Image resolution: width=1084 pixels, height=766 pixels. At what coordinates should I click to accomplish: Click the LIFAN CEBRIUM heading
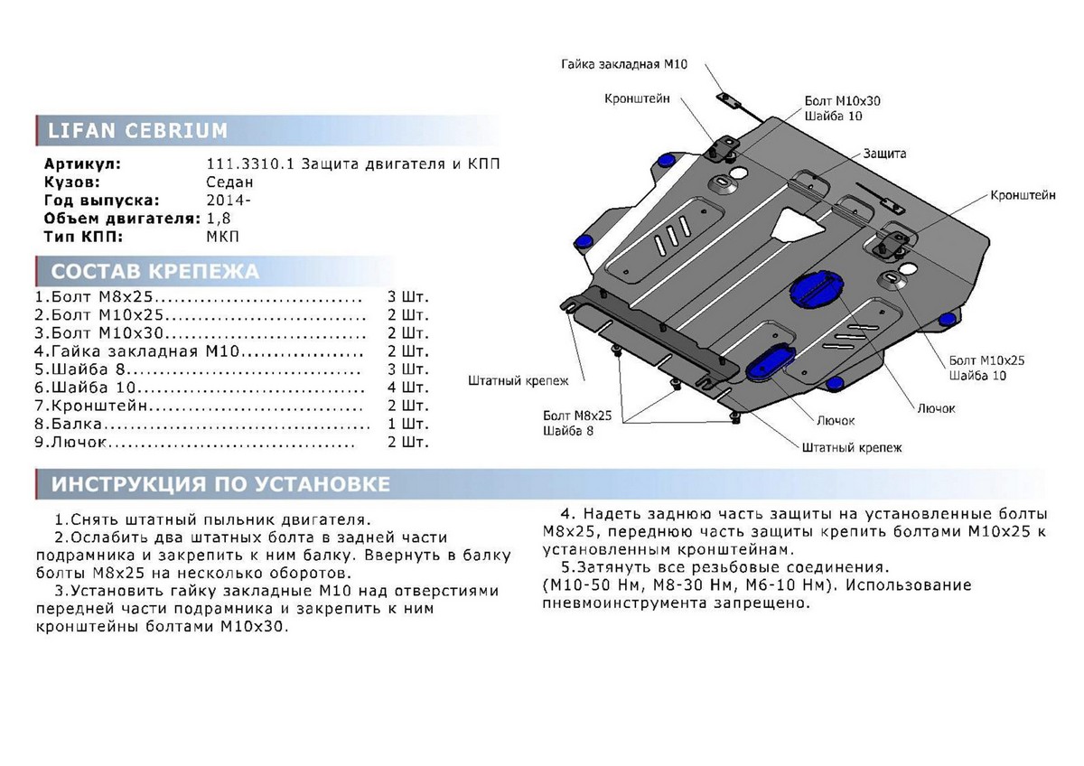tap(137, 131)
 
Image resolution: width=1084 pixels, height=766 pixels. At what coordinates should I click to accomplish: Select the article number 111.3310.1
tap(250, 164)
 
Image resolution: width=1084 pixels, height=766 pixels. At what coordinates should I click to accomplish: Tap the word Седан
tap(229, 182)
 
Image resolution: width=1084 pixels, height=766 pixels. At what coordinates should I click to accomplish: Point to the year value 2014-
tap(229, 200)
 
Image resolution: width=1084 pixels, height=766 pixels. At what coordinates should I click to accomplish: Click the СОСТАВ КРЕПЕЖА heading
tap(154, 272)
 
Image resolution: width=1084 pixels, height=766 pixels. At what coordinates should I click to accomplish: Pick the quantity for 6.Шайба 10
tap(407, 388)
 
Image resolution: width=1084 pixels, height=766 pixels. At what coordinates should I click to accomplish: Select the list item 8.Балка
tap(69, 424)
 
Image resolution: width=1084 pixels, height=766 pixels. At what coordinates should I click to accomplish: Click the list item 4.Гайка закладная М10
tap(137, 351)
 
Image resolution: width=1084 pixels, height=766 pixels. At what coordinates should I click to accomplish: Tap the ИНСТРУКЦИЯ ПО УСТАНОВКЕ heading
tap(220, 484)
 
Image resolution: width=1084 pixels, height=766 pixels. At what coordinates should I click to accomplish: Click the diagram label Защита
tap(884, 154)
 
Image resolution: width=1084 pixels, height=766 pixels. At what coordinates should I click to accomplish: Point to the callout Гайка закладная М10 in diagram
tap(624, 64)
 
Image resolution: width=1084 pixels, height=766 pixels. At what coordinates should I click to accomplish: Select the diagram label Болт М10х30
tap(842, 101)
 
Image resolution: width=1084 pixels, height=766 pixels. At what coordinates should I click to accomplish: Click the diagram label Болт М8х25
tap(577, 416)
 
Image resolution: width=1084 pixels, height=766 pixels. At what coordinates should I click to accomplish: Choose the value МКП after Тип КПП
tap(222, 237)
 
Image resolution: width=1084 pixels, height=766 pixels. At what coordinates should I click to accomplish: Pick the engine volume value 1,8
tap(219, 219)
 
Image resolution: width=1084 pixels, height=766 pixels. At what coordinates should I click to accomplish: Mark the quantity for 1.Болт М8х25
tap(407, 296)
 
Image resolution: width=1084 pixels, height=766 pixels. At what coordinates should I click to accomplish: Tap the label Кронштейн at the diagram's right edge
tap(1023, 195)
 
